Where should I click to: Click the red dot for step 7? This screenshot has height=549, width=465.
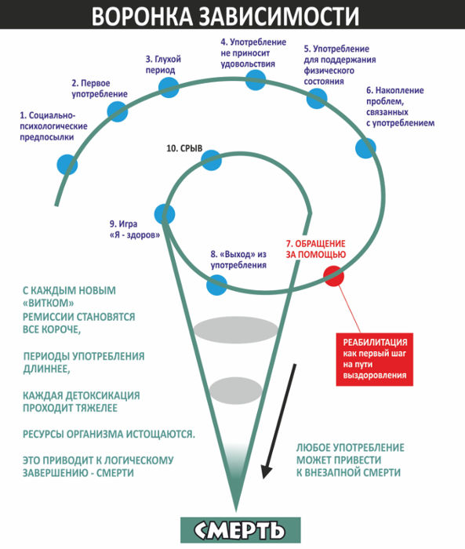click(334, 275)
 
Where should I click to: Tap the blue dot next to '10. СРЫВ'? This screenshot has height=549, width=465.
click(212, 160)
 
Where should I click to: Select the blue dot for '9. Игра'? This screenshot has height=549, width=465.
click(165, 214)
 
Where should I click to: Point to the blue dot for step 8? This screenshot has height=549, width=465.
click(216, 285)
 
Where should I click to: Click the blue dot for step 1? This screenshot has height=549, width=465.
click(67, 164)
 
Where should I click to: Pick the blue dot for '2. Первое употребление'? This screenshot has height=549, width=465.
click(118, 111)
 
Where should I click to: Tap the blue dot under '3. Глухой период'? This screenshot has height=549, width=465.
click(169, 87)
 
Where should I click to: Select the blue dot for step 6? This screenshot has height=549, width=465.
click(365, 148)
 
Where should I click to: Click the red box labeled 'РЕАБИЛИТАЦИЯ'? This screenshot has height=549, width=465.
click(374, 359)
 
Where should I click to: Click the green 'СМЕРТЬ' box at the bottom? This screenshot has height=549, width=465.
click(241, 530)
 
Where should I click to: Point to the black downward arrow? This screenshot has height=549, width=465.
click(279, 421)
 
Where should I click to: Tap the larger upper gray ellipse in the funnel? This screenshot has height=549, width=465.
click(236, 329)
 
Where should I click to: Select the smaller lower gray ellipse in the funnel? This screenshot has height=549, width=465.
click(236, 390)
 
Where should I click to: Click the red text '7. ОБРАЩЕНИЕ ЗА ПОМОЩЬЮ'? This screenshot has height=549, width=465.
click(316, 249)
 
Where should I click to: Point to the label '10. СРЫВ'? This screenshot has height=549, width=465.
click(184, 148)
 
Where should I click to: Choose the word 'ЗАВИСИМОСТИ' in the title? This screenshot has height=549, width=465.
click(279, 16)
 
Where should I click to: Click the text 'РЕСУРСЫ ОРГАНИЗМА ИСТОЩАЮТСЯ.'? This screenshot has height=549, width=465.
click(109, 434)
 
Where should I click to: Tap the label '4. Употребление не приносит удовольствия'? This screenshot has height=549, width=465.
click(253, 53)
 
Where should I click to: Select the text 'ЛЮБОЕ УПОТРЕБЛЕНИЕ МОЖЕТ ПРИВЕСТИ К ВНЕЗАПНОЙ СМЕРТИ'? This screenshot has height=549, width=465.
click(351, 460)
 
